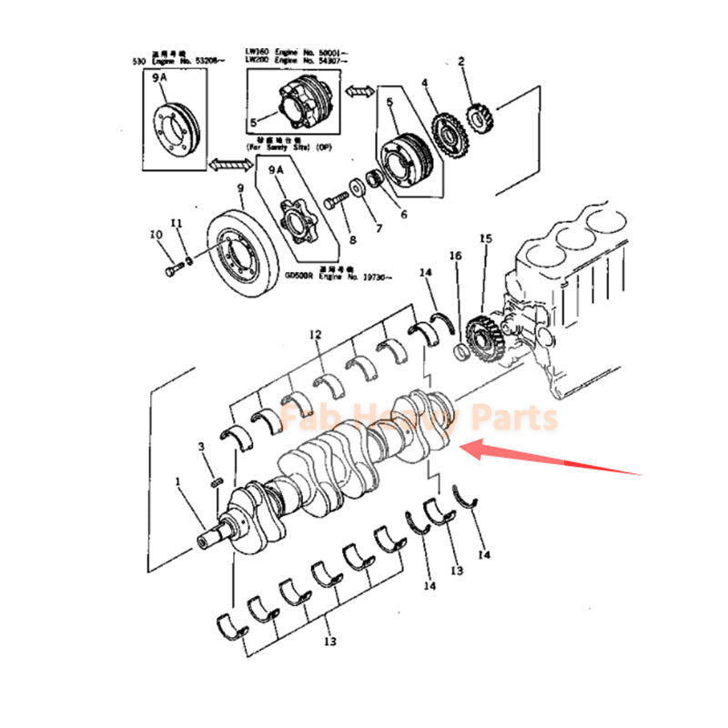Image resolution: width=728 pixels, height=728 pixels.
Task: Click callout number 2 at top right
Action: click(461, 62)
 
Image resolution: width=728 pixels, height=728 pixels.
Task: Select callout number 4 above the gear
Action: click(424, 85)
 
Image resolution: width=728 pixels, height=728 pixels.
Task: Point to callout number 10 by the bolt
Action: click(157, 235)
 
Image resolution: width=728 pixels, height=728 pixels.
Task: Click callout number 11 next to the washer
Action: click(177, 224)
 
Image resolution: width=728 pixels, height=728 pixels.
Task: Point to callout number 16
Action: click(456, 258)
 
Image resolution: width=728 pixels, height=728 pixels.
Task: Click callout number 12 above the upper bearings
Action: click(316, 336)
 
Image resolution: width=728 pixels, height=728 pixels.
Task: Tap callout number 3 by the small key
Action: click(201, 446)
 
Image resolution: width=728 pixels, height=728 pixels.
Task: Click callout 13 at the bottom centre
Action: click(329, 642)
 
